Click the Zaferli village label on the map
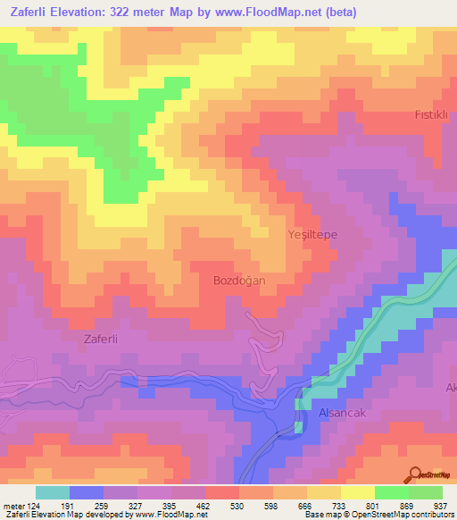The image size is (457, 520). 101,339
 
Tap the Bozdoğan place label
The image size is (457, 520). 239,280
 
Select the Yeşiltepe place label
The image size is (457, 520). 312,233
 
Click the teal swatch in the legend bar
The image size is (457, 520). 53,492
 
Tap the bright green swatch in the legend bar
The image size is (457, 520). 392,492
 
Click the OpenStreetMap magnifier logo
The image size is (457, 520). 415,474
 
